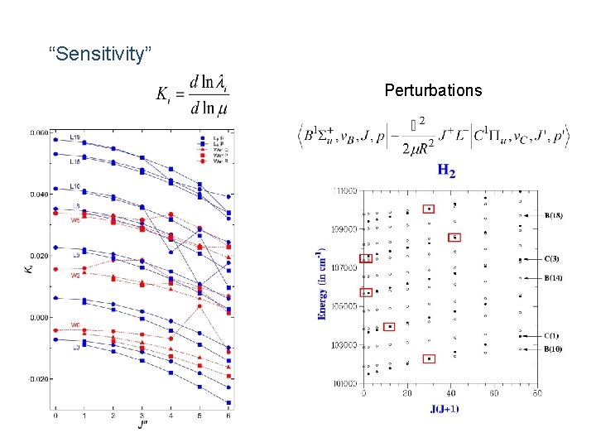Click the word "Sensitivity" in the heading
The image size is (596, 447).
[100, 55]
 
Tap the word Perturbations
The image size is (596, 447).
[433, 90]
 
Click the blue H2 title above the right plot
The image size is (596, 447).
[446, 171]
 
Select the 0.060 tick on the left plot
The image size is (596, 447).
[39, 132]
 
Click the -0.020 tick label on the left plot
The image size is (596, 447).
[38, 379]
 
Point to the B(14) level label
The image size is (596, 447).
[553, 278]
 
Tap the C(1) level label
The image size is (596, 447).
[551, 336]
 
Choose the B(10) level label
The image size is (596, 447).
[553, 348]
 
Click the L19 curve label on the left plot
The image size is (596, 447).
[74, 137]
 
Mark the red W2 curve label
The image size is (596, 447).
[75, 276]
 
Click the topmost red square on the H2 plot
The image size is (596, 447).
[429, 209]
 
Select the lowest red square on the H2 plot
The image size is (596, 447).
[429, 358]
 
